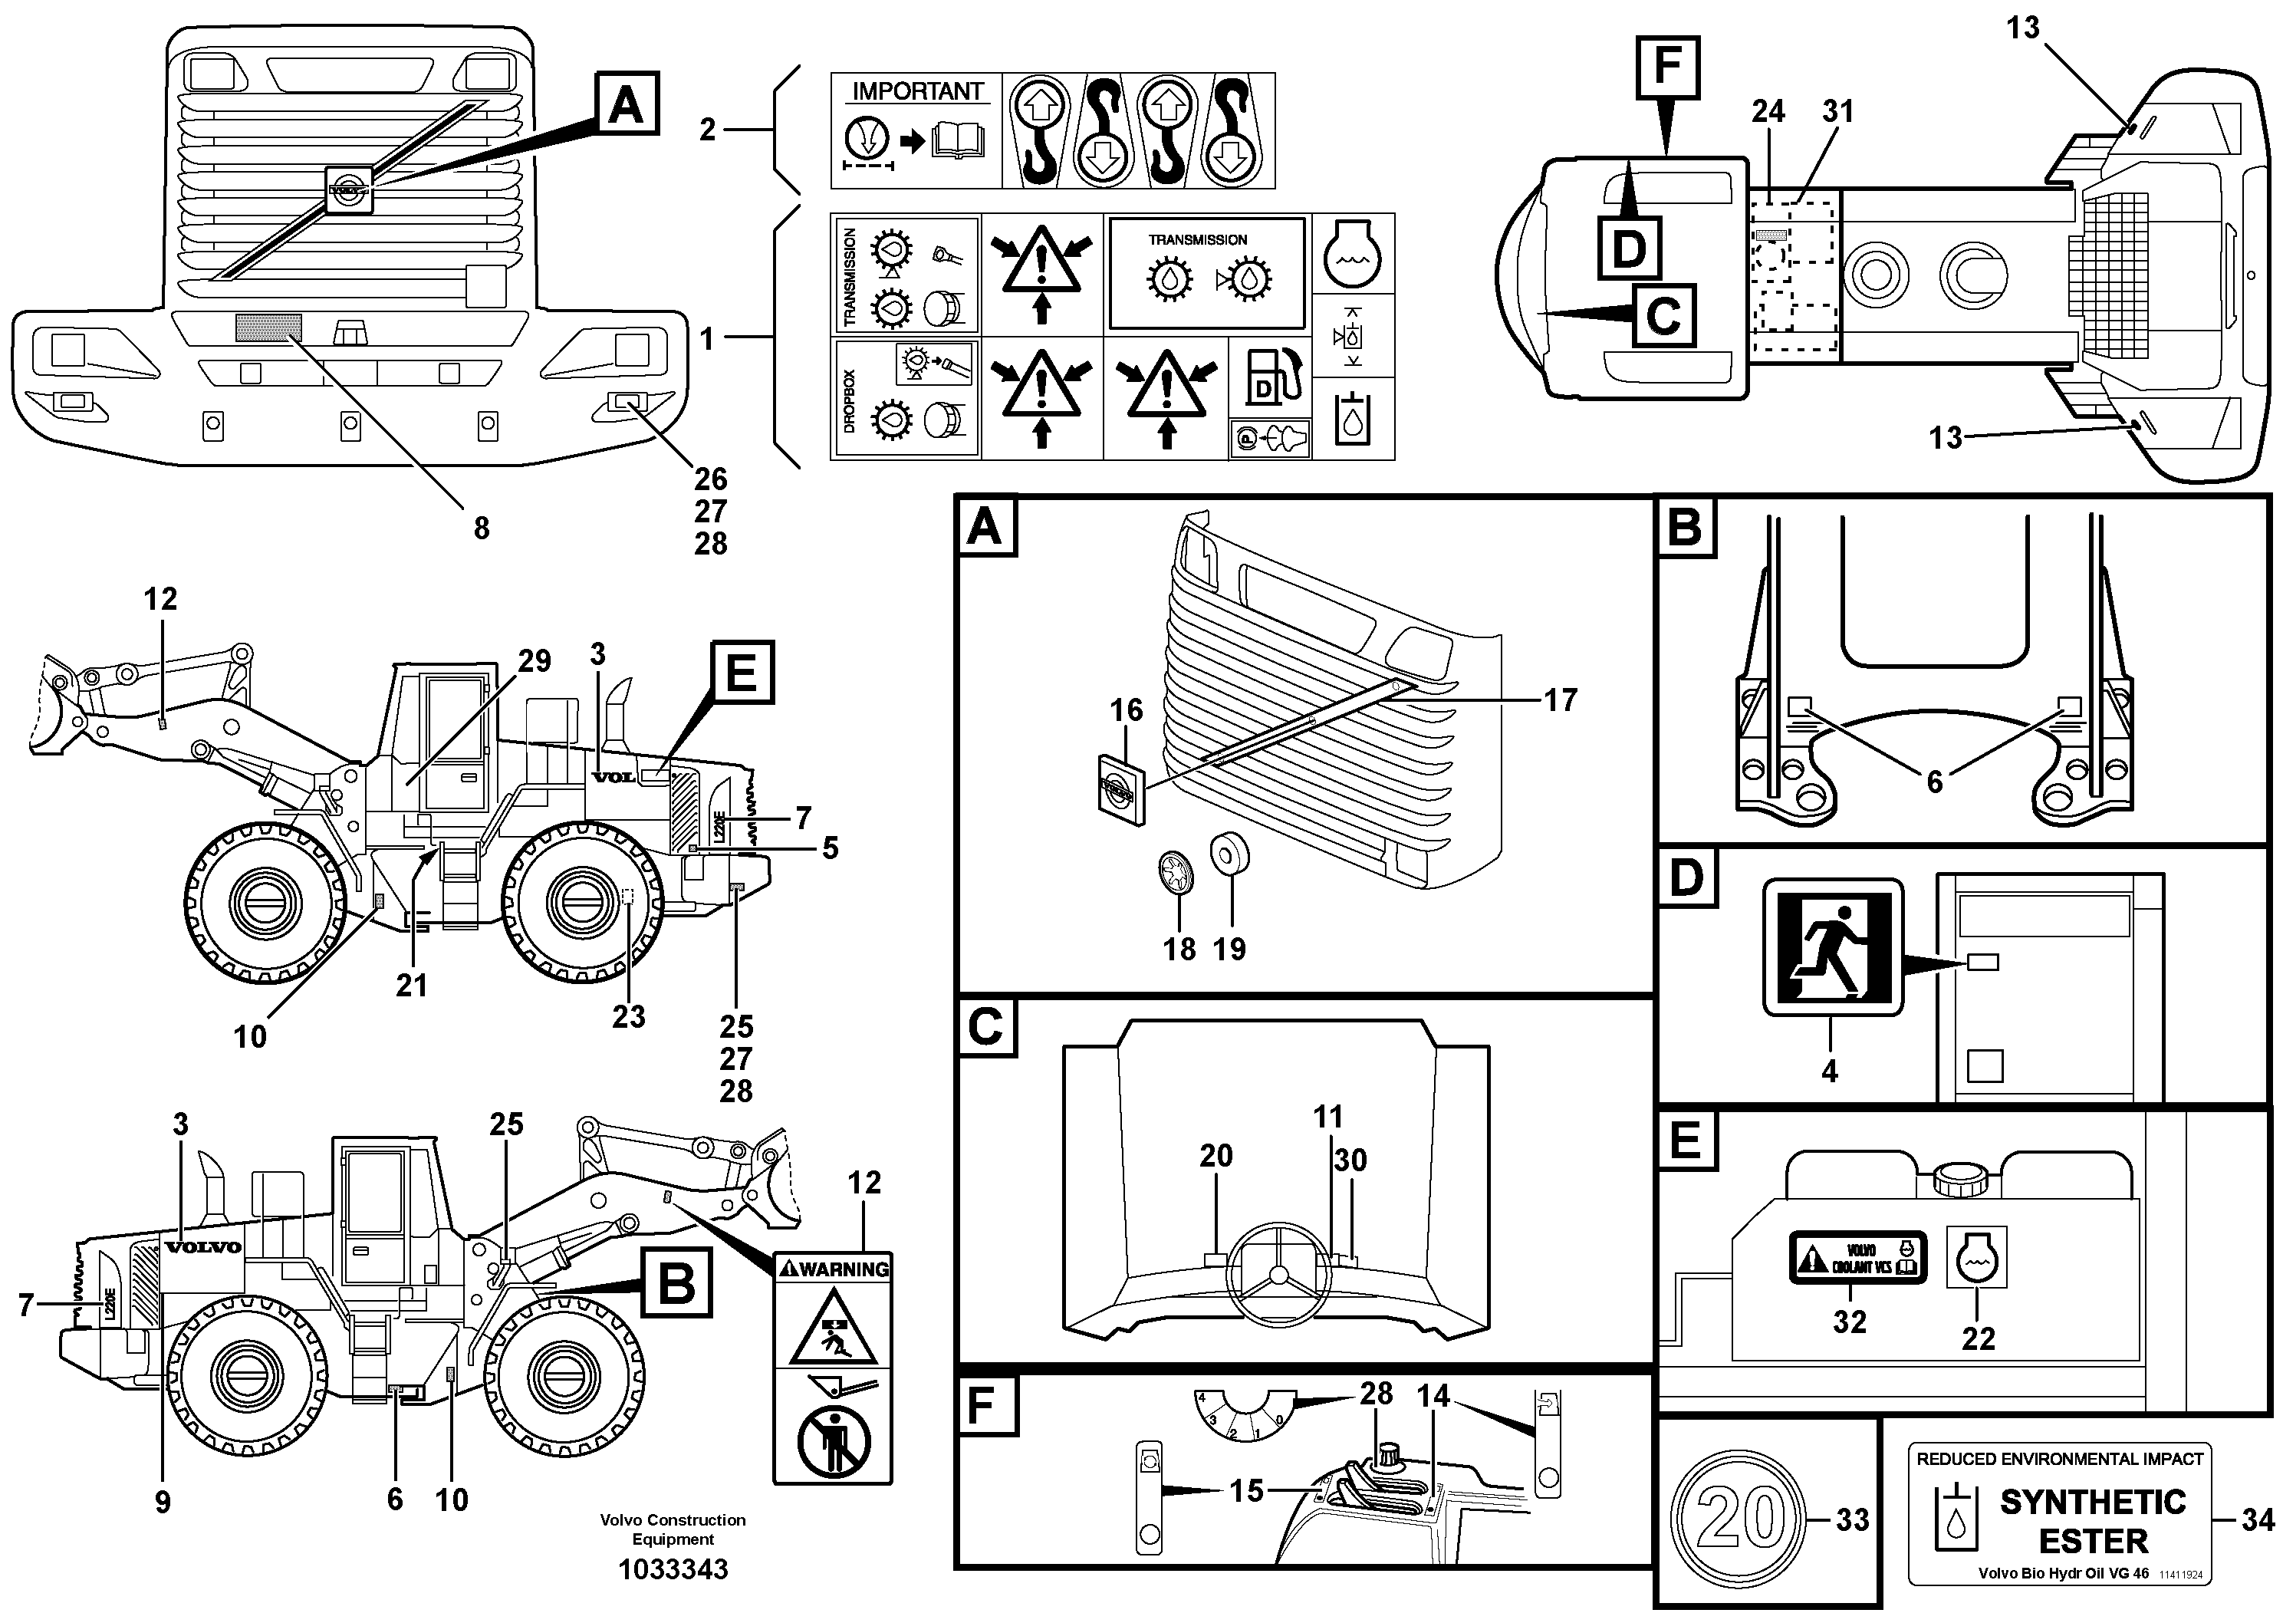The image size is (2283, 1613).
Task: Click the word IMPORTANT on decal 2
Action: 916,91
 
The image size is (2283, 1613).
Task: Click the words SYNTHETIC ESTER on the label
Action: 2092,1520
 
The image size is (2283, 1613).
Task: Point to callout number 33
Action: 1851,1519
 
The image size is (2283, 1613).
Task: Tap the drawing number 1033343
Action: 673,1569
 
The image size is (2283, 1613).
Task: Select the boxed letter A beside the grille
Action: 626,103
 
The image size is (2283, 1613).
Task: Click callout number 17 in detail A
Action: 1559,700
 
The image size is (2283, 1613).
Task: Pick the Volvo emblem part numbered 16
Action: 1120,789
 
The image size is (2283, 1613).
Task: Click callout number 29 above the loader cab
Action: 534,661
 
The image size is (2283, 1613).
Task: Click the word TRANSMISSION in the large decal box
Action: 1197,239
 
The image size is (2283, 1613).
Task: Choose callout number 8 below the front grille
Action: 482,528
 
